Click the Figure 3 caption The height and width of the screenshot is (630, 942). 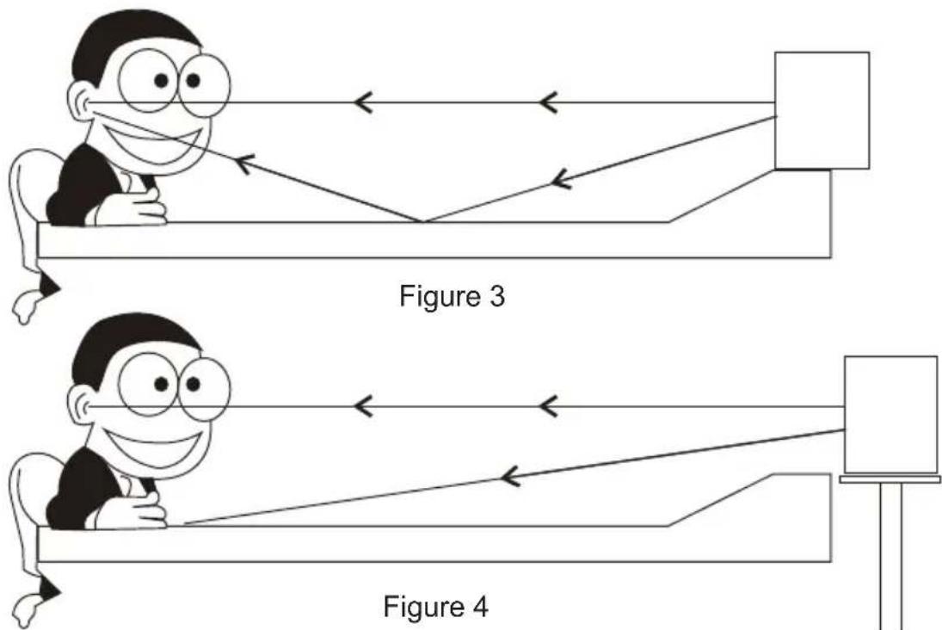[453, 296]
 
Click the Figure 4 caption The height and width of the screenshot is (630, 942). [436, 606]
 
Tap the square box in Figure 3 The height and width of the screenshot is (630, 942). [822, 111]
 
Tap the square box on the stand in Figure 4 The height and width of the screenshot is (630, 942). [891, 415]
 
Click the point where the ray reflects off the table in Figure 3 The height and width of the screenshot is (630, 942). [423, 222]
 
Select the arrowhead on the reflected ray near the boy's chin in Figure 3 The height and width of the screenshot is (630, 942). [244, 163]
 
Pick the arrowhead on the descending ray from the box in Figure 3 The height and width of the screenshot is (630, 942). [561, 178]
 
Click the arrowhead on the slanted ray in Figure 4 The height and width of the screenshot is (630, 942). [510, 478]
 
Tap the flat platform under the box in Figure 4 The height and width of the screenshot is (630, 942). [890, 479]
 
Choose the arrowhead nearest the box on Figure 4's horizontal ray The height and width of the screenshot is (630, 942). [549, 407]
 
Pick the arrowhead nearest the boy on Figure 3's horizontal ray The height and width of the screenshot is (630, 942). [363, 102]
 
